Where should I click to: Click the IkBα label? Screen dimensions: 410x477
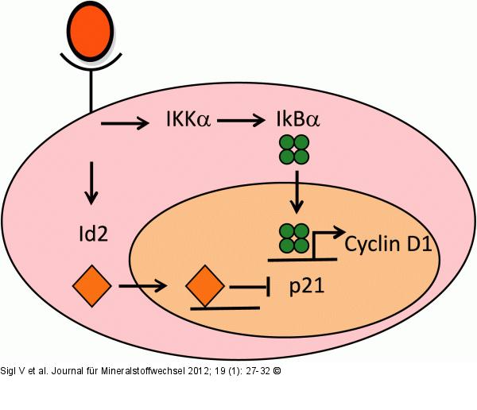(x=295, y=122)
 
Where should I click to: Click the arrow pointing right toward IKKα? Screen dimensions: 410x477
(x=125, y=123)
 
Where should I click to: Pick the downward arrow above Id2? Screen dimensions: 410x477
(x=91, y=182)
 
